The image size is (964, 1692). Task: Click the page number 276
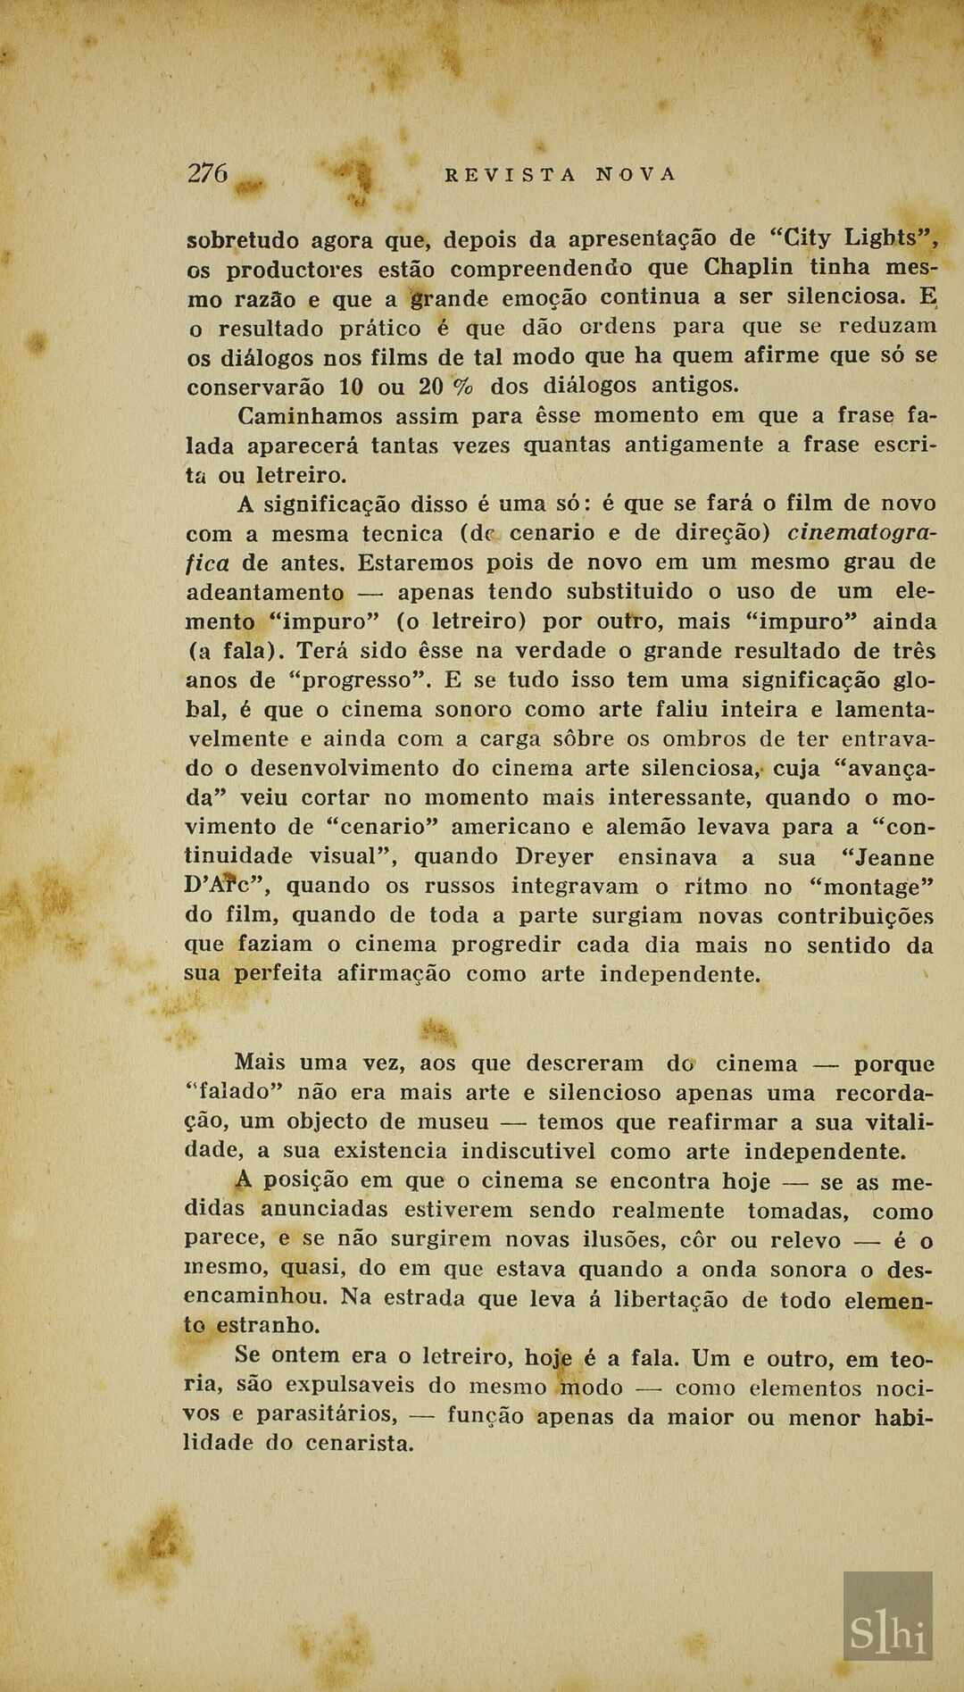click(x=208, y=172)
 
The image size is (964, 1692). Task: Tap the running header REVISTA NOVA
click(x=561, y=175)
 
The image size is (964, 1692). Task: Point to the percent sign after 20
click(x=463, y=387)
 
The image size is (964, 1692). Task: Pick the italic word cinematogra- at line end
click(x=861, y=533)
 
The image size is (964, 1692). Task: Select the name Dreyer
click(x=554, y=857)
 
